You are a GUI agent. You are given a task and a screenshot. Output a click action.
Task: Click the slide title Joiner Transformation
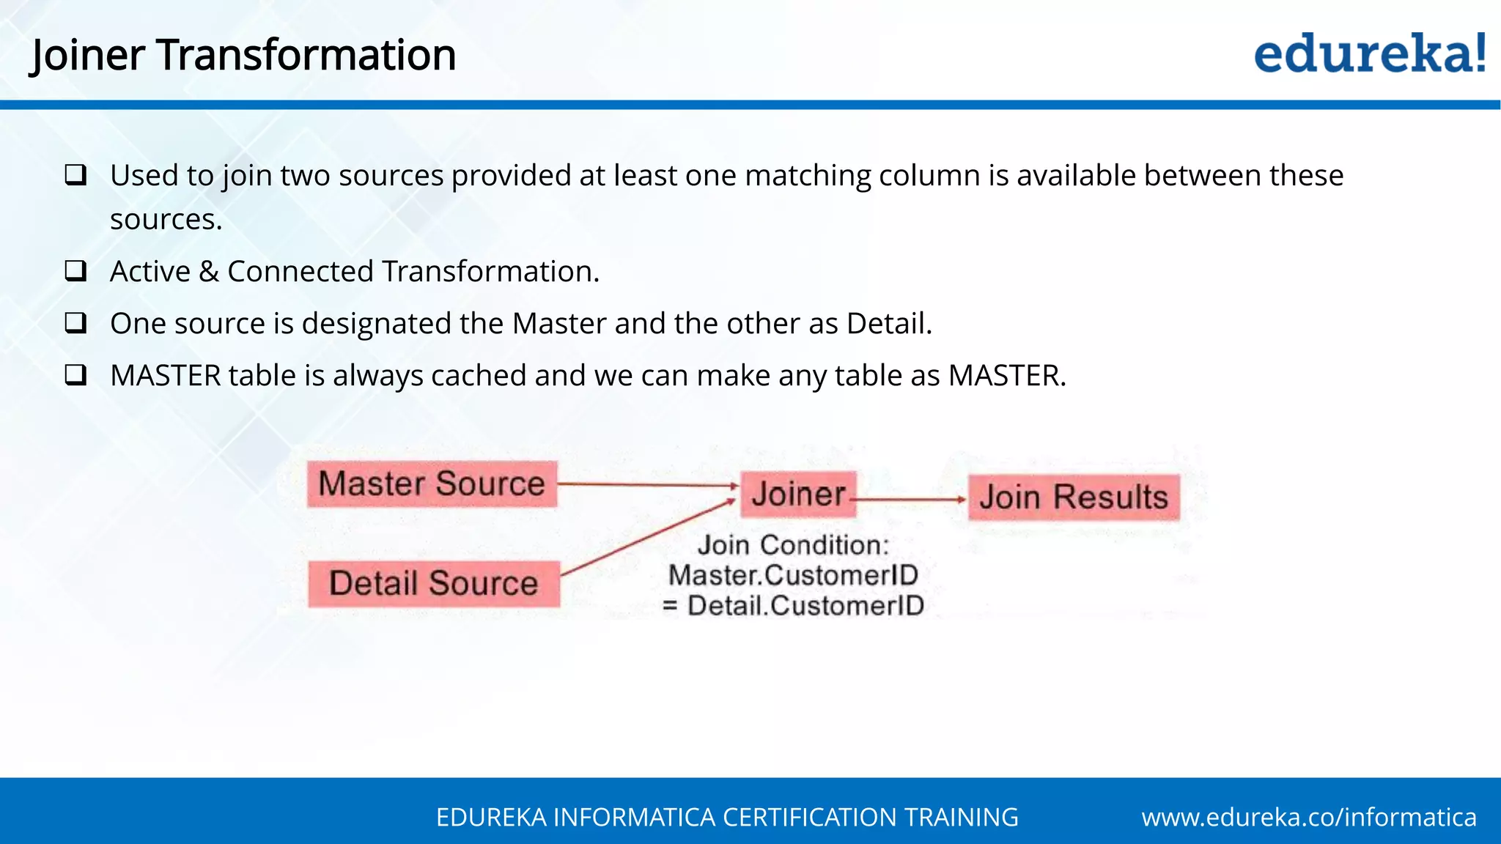(x=243, y=56)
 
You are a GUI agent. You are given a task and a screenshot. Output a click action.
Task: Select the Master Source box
(x=432, y=484)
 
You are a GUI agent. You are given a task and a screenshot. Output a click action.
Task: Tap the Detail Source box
(x=433, y=584)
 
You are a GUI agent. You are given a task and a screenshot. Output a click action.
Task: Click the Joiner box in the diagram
(x=798, y=495)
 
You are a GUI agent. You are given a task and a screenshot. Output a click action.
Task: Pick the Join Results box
(x=1074, y=497)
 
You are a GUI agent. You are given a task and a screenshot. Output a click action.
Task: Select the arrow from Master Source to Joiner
(x=648, y=484)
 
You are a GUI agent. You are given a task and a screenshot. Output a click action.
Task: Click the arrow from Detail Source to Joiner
(x=648, y=536)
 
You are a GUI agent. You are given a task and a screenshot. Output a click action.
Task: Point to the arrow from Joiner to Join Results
(x=911, y=500)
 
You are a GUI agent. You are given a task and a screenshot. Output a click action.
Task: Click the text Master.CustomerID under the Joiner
(x=793, y=575)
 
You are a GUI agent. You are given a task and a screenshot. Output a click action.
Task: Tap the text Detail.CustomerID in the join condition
(x=805, y=606)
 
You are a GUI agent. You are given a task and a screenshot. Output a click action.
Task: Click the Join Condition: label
(x=793, y=545)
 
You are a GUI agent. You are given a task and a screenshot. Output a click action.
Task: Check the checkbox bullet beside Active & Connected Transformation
(x=75, y=271)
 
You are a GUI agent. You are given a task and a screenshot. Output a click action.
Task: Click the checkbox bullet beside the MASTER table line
(x=75, y=375)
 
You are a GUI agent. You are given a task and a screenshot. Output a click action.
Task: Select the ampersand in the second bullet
(x=209, y=272)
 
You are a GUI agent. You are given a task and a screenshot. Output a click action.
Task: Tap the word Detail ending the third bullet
(x=888, y=324)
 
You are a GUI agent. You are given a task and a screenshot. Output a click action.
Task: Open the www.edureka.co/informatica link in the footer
(x=1309, y=817)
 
